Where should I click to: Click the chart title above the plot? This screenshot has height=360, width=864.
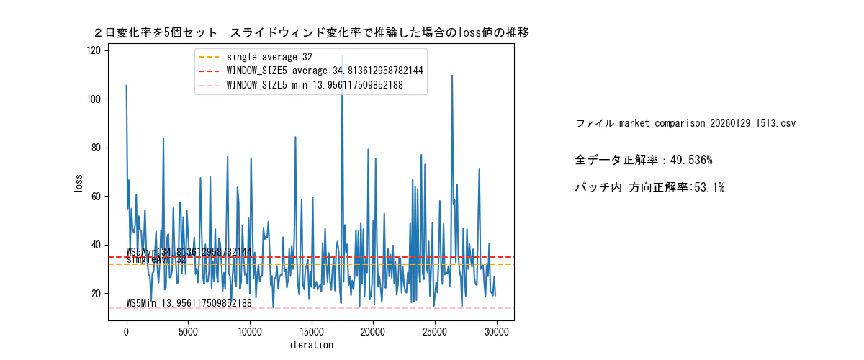[x=312, y=33]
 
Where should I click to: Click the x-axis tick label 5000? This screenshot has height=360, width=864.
[x=188, y=332]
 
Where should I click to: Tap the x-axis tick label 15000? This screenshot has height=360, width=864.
[x=311, y=332]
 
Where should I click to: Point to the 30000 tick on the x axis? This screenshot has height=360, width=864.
[x=496, y=332]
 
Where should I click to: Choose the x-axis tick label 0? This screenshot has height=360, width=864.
[x=127, y=332]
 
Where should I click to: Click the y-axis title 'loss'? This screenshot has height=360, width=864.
[x=78, y=182]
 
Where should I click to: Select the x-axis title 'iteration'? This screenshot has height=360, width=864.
[x=311, y=345]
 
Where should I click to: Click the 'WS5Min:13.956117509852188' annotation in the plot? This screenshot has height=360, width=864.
[x=189, y=303]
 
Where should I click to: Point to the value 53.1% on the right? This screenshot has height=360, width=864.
[x=709, y=187]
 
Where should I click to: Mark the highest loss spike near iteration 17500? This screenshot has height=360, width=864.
[x=342, y=56]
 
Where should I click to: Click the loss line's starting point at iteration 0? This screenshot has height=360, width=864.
[x=127, y=85]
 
